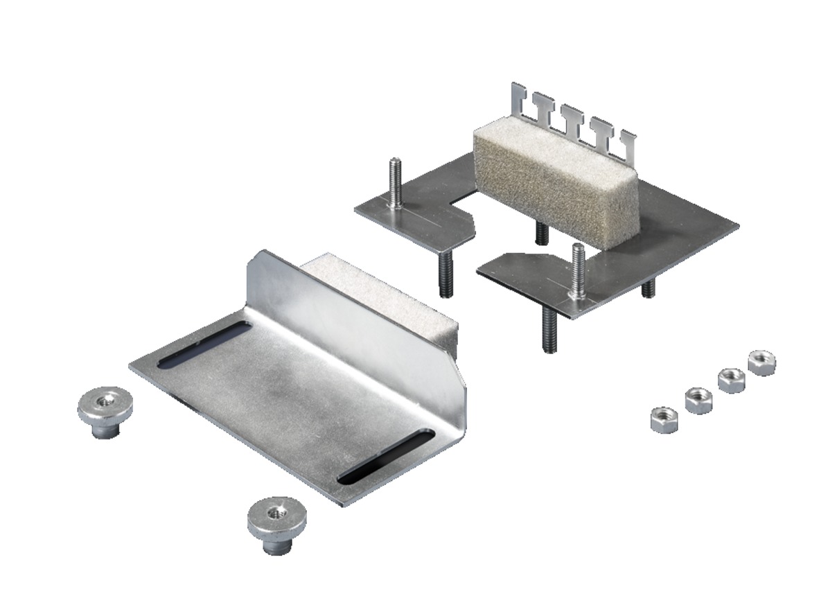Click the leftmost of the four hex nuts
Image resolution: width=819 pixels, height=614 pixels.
(664, 420)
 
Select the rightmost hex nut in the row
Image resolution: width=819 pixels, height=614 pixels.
(762, 362)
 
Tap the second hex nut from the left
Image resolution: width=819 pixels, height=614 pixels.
(698, 401)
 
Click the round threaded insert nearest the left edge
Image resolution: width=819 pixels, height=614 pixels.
(105, 410)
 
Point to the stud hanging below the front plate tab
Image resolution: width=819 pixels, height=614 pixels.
(549, 331)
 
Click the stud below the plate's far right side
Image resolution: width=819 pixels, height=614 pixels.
(648, 287)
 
